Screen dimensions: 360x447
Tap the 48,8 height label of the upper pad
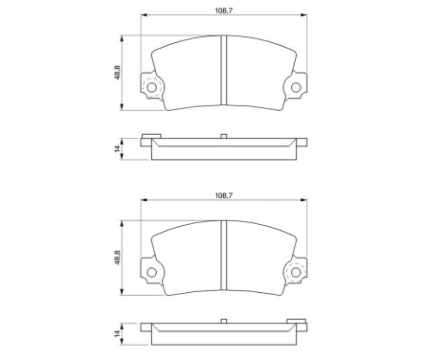click(117, 74)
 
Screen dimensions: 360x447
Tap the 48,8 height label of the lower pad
click(117, 259)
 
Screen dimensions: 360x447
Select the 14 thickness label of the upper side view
click(117, 148)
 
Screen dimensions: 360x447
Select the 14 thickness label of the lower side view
click(117, 334)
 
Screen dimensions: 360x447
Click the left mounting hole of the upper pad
click(150, 90)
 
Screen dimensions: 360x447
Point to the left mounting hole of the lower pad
click(150, 275)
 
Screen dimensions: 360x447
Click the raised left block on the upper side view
click(150, 138)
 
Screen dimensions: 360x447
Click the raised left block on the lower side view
click(150, 323)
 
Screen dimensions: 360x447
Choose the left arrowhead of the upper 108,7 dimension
click(145, 16)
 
